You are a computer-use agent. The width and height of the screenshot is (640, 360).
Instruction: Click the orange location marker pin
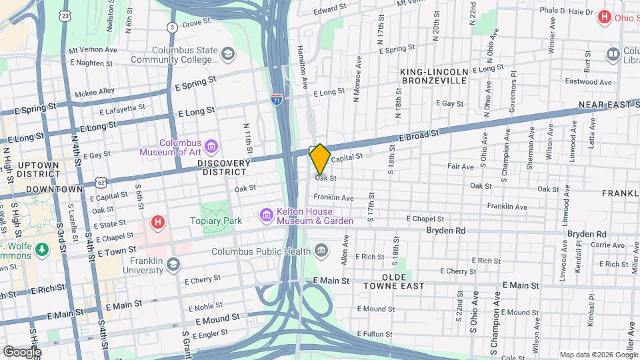(320, 159)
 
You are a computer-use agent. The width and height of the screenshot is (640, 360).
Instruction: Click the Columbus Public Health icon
(321, 251)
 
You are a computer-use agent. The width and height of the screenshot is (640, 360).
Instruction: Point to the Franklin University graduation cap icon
(173, 265)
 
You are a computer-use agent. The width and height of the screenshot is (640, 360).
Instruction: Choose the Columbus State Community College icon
(227, 54)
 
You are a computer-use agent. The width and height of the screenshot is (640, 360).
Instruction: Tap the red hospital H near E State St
(157, 222)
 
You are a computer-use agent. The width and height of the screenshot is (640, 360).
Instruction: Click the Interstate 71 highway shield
(277, 99)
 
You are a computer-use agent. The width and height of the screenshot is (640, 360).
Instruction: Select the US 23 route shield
(64, 15)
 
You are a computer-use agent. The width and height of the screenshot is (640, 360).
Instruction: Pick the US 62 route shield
(100, 181)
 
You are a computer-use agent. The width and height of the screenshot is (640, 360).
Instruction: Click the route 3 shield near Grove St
(172, 27)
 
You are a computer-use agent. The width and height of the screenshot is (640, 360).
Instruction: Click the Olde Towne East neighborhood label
(393, 281)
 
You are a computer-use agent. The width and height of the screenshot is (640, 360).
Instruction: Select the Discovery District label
(223, 167)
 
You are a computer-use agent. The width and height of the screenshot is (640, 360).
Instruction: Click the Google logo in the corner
(22, 351)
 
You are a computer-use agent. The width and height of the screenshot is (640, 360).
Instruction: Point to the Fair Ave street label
(460, 166)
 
